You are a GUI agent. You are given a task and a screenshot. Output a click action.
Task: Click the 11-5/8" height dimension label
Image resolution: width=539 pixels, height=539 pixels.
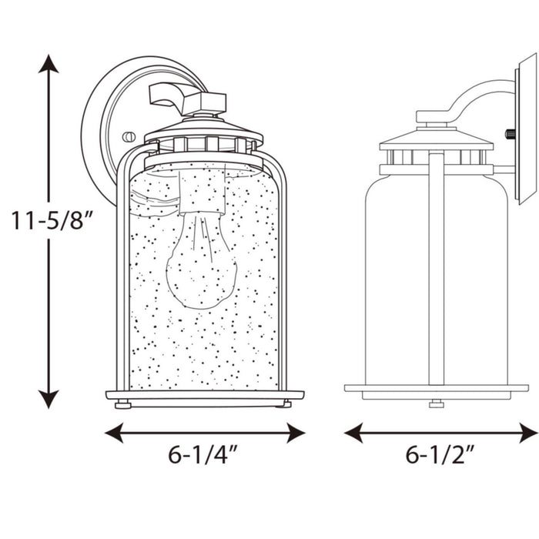pos(52,220)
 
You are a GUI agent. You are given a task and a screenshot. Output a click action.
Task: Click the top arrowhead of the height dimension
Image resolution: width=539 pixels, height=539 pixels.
pos(49,64)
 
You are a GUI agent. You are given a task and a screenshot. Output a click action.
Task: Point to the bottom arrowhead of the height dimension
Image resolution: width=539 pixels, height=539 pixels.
pos(49,399)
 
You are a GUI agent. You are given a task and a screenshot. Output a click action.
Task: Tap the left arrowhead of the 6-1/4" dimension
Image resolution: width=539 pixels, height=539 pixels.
pos(114,433)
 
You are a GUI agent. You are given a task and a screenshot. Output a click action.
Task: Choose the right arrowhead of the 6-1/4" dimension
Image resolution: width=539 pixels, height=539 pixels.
pos(296,433)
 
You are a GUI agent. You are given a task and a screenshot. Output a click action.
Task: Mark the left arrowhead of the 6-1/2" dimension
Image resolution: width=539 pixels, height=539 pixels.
pos(353,433)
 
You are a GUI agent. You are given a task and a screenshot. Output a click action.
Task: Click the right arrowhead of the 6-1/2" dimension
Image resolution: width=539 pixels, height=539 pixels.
pos(529,433)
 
